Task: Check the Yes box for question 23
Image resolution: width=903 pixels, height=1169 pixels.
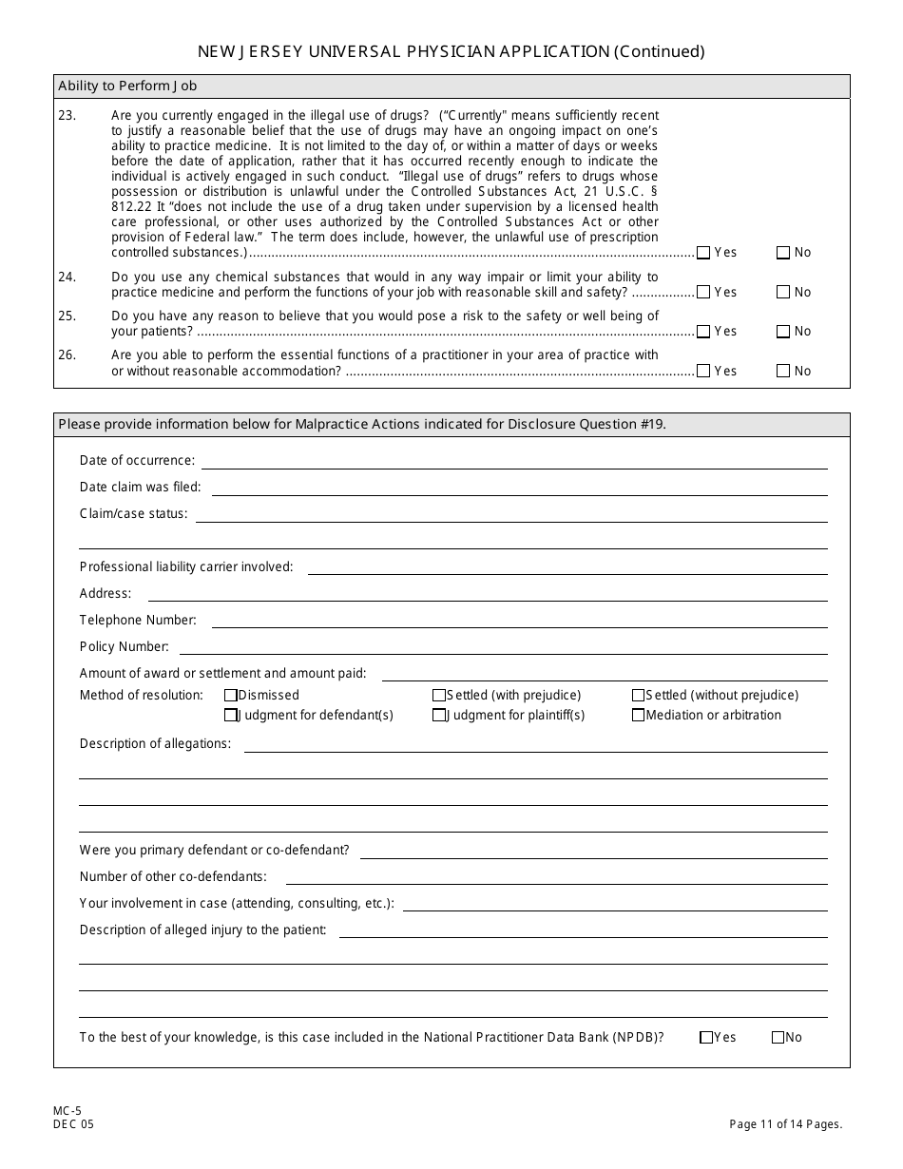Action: tap(703, 253)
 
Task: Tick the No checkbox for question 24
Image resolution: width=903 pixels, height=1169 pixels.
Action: tap(783, 293)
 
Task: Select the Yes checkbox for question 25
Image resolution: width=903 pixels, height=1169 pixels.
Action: tap(703, 332)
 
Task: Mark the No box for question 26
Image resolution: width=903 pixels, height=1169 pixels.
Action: tap(783, 372)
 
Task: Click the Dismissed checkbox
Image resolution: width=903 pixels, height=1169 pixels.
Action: tap(230, 696)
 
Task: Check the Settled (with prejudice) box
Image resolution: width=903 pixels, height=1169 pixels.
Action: tap(439, 696)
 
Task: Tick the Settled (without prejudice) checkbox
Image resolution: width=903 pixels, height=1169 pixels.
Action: tap(639, 696)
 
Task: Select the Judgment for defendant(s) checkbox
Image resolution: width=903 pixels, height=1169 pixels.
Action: tap(230, 716)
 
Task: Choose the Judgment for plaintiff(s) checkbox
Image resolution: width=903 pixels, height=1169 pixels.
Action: tap(439, 716)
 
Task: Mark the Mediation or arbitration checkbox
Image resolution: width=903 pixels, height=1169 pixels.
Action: tap(639, 716)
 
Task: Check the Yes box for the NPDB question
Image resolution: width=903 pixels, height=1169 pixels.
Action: tap(706, 1038)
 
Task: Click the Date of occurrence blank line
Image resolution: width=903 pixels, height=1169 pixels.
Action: tap(513, 462)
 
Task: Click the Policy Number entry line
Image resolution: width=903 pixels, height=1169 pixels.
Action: tap(503, 648)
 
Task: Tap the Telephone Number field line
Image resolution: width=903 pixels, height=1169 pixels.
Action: tap(519, 622)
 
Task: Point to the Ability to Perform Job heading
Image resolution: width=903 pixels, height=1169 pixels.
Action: tap(127, 86)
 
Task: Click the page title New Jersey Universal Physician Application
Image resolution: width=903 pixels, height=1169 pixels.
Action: tap(451, 51)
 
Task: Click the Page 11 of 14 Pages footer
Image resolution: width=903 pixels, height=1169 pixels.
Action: tap(785, 1124)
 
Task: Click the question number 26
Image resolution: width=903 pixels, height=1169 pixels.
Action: tap(67, 355)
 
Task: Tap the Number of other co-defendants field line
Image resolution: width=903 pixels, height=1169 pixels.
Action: tap(556, 878)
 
